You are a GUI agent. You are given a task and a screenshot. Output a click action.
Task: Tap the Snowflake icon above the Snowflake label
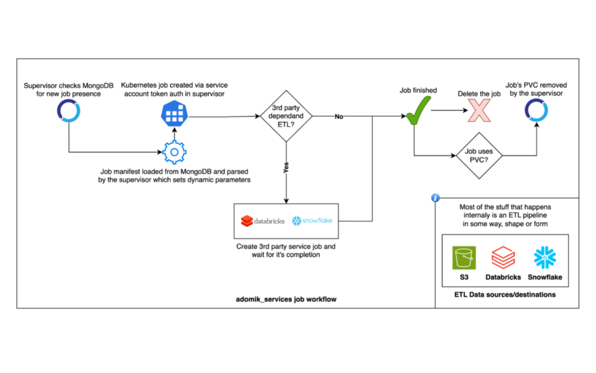545,259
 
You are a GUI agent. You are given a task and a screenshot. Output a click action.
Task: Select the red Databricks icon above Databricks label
504,259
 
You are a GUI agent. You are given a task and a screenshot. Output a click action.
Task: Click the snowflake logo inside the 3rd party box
312,221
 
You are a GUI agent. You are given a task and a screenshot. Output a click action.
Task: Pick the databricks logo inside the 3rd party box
262,221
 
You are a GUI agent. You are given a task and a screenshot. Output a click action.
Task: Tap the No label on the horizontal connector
339,116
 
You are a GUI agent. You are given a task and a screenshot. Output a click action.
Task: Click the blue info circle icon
435,198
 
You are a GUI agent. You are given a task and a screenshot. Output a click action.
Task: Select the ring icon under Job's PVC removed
536,110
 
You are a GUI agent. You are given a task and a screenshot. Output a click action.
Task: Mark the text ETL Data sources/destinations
505,294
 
